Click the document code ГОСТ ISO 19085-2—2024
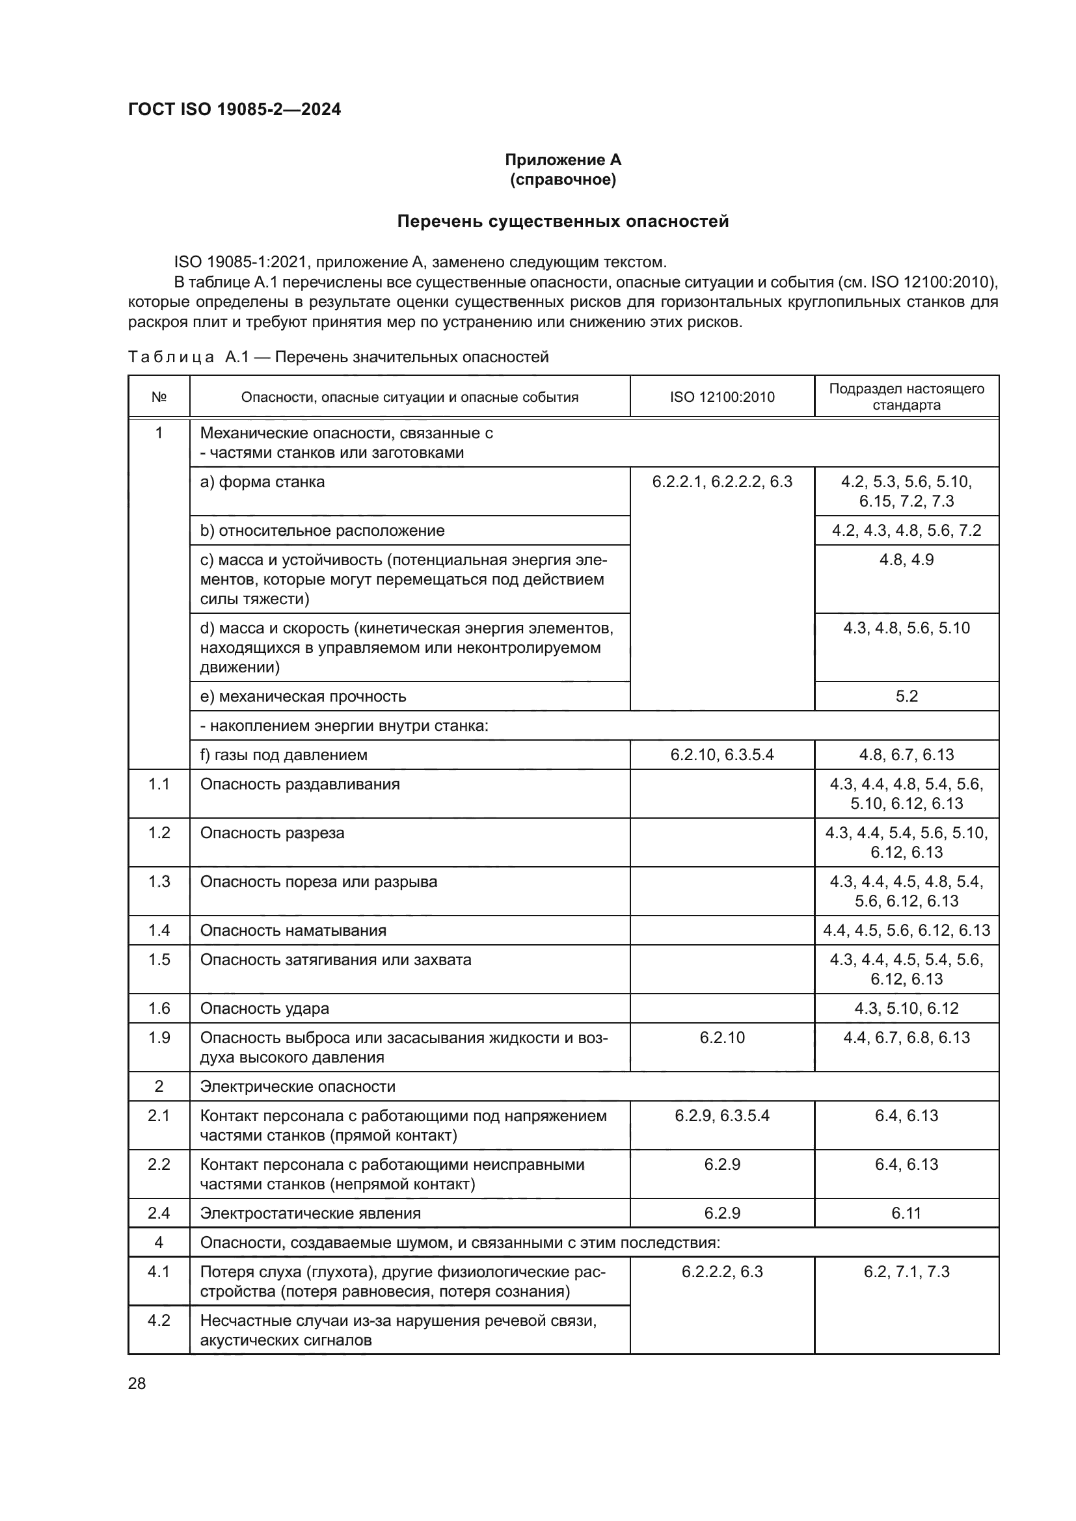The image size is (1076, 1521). tap(235, 109)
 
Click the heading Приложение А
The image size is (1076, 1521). tap(563, 160)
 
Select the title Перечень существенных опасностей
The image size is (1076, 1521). tap(563, 221)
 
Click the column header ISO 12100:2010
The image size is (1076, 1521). tap(721, 397)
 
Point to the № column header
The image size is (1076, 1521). tap(158, 397)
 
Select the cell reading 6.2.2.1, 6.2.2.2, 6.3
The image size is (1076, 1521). tap(721, 482)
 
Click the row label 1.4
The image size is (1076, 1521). tap(158, 930)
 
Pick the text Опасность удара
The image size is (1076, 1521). tap(264, 1009)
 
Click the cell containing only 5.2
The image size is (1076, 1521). tap(906, 696)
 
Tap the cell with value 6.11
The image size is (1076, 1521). tap(906, 1213)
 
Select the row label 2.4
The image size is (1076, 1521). tap(158, 1213)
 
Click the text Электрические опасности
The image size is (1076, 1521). tap(297, 1087)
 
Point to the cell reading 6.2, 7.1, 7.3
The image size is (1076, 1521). tap(906, 1271)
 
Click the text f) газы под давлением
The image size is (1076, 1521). tap(284, 754)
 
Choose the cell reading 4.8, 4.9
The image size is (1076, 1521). tap(906, 560)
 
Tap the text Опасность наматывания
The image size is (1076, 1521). tap(293, 930)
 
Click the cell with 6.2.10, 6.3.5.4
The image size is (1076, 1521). tap(721, 754)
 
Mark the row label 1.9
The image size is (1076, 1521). tap(158, 1037)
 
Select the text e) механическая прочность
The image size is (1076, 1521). tap(303, 696)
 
